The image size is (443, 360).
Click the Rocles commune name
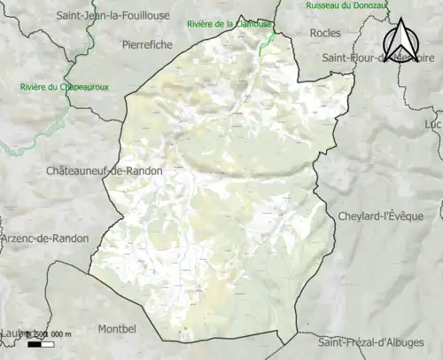[x=325, y=33]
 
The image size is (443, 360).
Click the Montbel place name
[x=117, y=328]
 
